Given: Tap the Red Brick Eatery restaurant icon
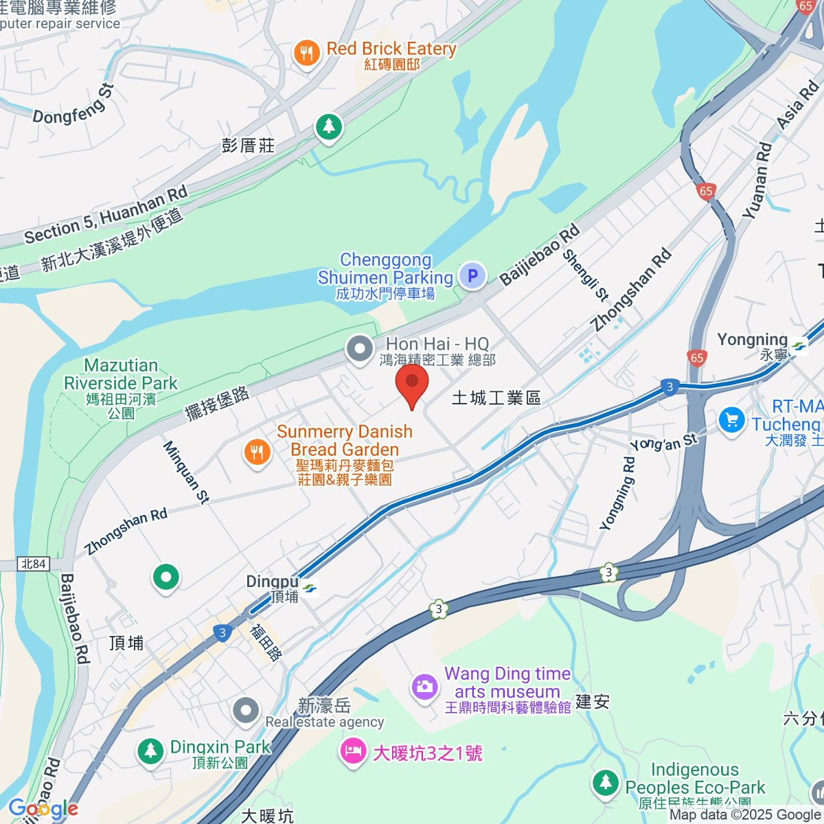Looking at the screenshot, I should pos(307,52).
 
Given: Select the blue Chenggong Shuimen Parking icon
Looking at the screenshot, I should pos(472,276).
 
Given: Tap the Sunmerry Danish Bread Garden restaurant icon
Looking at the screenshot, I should pos(257,452).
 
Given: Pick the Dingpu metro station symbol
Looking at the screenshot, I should pos(310,588).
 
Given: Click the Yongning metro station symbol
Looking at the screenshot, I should pos(799,347).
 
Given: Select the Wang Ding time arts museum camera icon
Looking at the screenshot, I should pos(424,686).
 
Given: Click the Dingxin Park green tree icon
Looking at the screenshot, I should pos(150,750).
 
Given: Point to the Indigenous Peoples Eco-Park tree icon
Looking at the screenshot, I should pos(605,782).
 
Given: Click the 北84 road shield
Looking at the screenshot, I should pos(33,564).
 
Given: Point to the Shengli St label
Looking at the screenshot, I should pos(586,275).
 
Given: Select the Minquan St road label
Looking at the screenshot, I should pos(185,472).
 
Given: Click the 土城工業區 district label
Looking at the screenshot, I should pos(496,398).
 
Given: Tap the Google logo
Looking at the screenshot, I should pos(43,809).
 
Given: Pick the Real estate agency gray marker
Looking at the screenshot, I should pos(245,712).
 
